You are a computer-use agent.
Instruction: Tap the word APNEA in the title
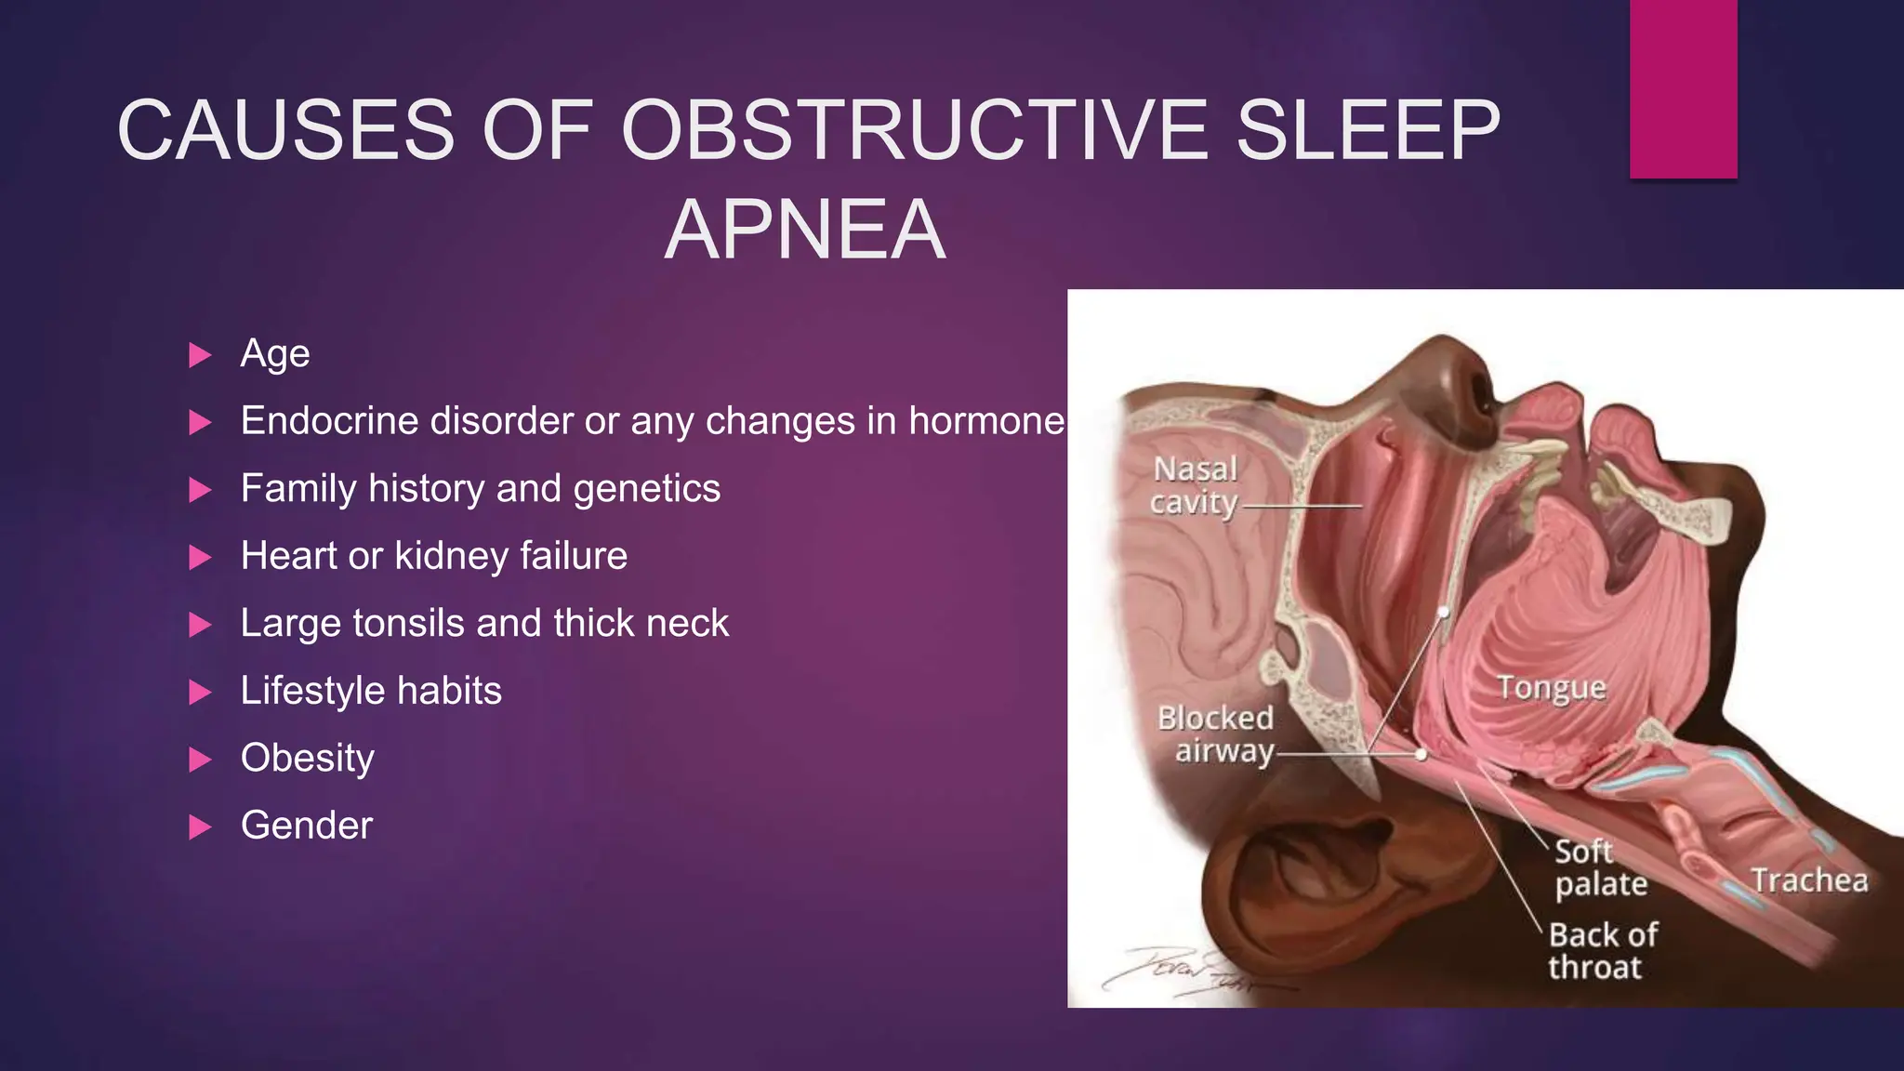point(805,230)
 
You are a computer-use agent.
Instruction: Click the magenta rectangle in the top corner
point(1683,88)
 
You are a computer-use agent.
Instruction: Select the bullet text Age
point(274,354)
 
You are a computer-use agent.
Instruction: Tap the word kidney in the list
point(451,556)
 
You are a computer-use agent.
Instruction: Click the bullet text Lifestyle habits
point(371,691)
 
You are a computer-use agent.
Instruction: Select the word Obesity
point(307,759)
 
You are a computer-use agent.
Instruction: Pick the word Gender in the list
point(306,826)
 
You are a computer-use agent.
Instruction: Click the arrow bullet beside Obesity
point(200,760)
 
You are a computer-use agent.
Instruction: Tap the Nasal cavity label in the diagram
point(1195,486)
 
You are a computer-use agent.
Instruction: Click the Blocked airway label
point(1216,734)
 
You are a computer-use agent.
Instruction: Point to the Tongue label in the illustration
point(1552,688)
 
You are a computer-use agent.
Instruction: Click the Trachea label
point(1809,879)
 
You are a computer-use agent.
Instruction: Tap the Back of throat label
point(1603,950)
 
